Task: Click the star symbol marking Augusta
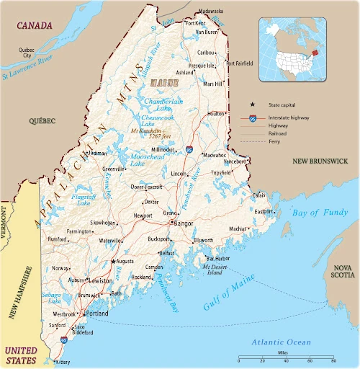pyautogui.click(x=112, y=262)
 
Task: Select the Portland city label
pyautogui.click(x=97, y=315)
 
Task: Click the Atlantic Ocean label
pyautogui.click(x=281, y=342)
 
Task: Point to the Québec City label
pyautogui.click(x=27, y=52)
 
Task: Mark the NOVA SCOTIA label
pyautogui.click(x=343, y=271)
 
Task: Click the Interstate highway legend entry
pyautogui.click(x=289, y=117)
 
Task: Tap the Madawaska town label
pyautogui.click(x=211, y=12)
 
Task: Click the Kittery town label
pyautogui.click(x=63, y=362)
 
